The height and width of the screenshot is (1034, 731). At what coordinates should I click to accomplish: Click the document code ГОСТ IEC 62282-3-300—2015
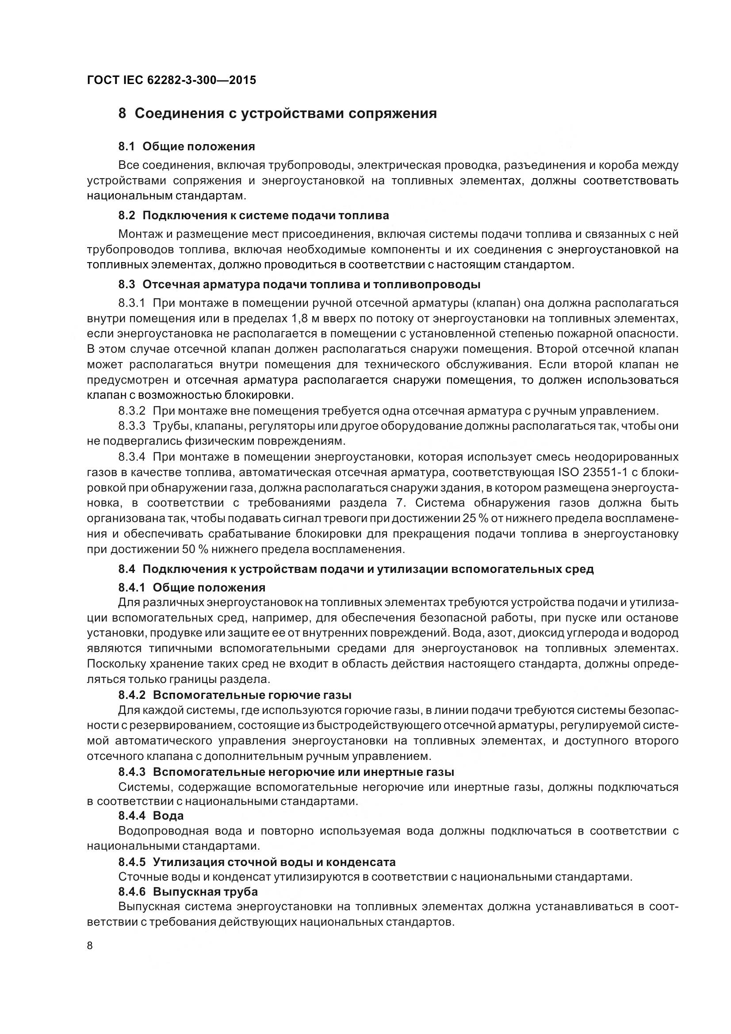[x=171, y=80]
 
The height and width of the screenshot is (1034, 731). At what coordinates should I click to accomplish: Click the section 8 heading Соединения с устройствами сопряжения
[x=277, y=114]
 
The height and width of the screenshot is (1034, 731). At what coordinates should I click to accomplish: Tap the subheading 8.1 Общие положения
[x=187, y=146]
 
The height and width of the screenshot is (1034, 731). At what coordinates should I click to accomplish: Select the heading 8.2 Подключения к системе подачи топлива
[x=253, y=215]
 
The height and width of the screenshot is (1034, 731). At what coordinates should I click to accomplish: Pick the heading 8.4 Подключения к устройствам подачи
[x=356, y=569]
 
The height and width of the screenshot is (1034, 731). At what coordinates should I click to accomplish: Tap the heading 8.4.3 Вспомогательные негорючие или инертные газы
[x=286, y=772]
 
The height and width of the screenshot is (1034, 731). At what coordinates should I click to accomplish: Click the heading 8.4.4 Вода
[x=151, y=816]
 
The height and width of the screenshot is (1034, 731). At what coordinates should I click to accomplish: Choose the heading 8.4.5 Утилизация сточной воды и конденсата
[x=257, y=862]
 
